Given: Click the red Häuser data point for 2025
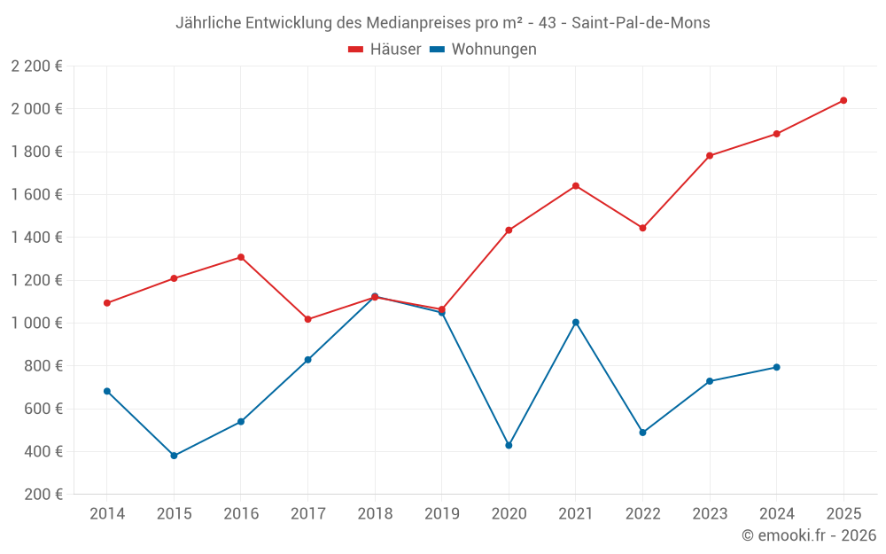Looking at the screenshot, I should click(x=843, y=100).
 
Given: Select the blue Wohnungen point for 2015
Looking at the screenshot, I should click(x=174, y=456).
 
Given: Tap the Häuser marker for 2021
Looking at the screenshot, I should click(x=576, y=186).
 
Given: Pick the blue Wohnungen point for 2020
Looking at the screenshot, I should click(x=509, y=445).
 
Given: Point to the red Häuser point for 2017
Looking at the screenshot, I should click(x=307, y=319).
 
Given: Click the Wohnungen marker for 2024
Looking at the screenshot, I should click(x=776, y=367).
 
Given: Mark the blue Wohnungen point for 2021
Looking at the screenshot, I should click(x=576, y=323).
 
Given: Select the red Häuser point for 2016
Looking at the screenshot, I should click(x=241, y=257).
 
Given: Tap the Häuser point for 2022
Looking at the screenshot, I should click(x=642, y=228).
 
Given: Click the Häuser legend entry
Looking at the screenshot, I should click(x=385, y=50).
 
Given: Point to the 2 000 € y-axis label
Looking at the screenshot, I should click(x=36, y=109).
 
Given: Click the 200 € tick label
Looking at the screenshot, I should click(x=43, y=495).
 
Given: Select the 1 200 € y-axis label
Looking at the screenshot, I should click(x=36, y=280).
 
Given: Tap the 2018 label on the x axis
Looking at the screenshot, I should click(x=375, y=514).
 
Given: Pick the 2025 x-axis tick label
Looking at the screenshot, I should click(x=843, y=514).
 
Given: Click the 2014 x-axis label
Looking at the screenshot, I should click(x=107, y=514).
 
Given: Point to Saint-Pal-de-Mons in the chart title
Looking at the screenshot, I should click(x=641, y=23).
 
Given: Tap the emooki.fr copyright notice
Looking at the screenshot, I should click(x=809, y=535).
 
